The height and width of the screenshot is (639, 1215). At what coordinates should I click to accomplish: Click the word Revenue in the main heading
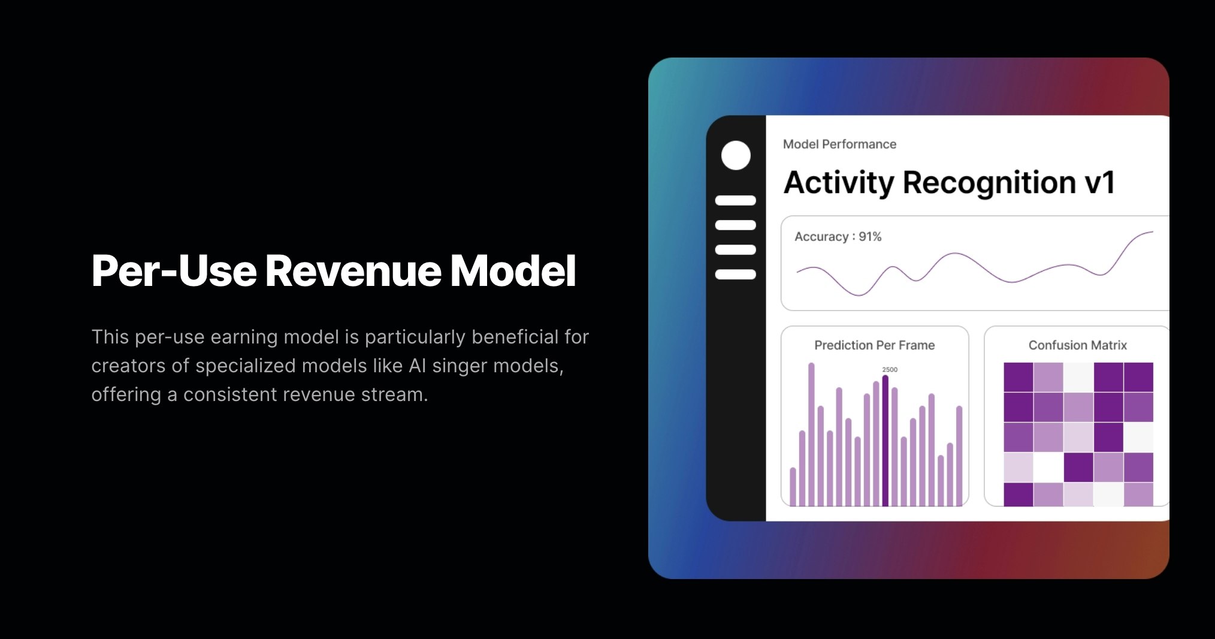[x=353, y=271]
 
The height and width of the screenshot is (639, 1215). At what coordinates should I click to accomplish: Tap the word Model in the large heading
[x=513, y=271]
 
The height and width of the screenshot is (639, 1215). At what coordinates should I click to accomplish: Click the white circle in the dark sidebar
[x=736, y=156]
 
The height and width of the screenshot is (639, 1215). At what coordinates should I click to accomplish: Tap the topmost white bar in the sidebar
[x=736, y=200]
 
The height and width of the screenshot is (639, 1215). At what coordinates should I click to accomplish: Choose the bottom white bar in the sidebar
[x=736, y=275]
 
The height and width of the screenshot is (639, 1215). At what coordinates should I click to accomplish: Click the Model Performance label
[x=839, y=144]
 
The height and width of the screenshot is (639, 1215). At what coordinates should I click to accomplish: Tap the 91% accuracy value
[x=870, y=237]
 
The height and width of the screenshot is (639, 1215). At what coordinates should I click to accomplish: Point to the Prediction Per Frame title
[x=874, y=345]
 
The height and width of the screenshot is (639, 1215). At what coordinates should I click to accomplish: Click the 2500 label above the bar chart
[x=890, y=370]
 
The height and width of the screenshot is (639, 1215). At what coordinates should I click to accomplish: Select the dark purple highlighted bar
[x=885, y=441]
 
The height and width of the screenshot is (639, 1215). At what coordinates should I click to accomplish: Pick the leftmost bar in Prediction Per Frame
[x=793, y=487]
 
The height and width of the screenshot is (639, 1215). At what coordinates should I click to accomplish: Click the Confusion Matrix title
[x=1077, y=345]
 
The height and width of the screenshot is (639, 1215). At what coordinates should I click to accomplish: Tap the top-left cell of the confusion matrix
[x=1018, y=377]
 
